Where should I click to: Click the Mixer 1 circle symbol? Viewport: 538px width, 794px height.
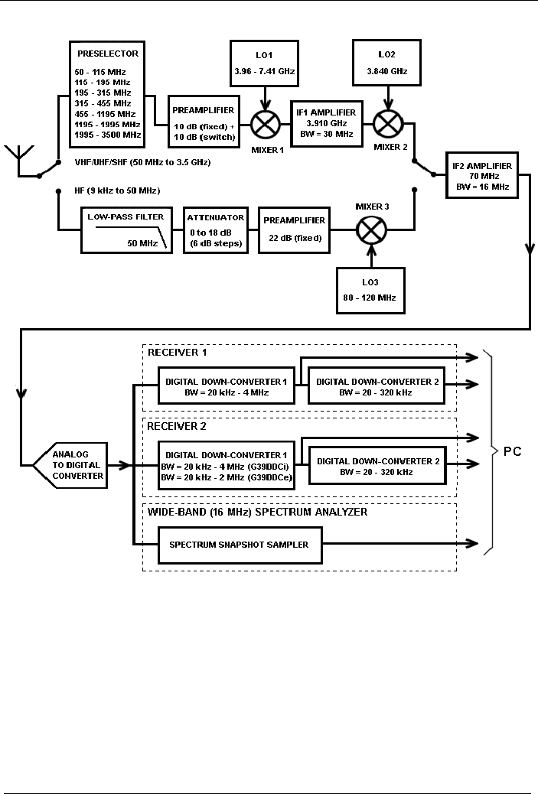pyautogui.click(x=264, y=121)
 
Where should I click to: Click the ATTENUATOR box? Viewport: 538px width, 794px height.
pyautogui.click(x=216, y=229)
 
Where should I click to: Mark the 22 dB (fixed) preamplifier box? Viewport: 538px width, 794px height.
pyautogui.click(x=295, y=229)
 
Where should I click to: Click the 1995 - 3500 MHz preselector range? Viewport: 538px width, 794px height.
pyautogui.click(x=109, y=135)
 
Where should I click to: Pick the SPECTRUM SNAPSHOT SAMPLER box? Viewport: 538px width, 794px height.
pyautogui.click(x=239, y=544)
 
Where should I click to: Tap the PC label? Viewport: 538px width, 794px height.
pyautogui.click(x=512, y=451)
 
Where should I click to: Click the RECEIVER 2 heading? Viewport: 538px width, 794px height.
pyautogui.click(x=177, y=426)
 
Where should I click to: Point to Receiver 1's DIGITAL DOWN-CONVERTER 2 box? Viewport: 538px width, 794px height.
pyautogui.click(x=376, y=387)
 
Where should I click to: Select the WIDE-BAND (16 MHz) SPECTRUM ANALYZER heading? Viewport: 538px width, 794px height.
pyautogui.click(x=256, y=512)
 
